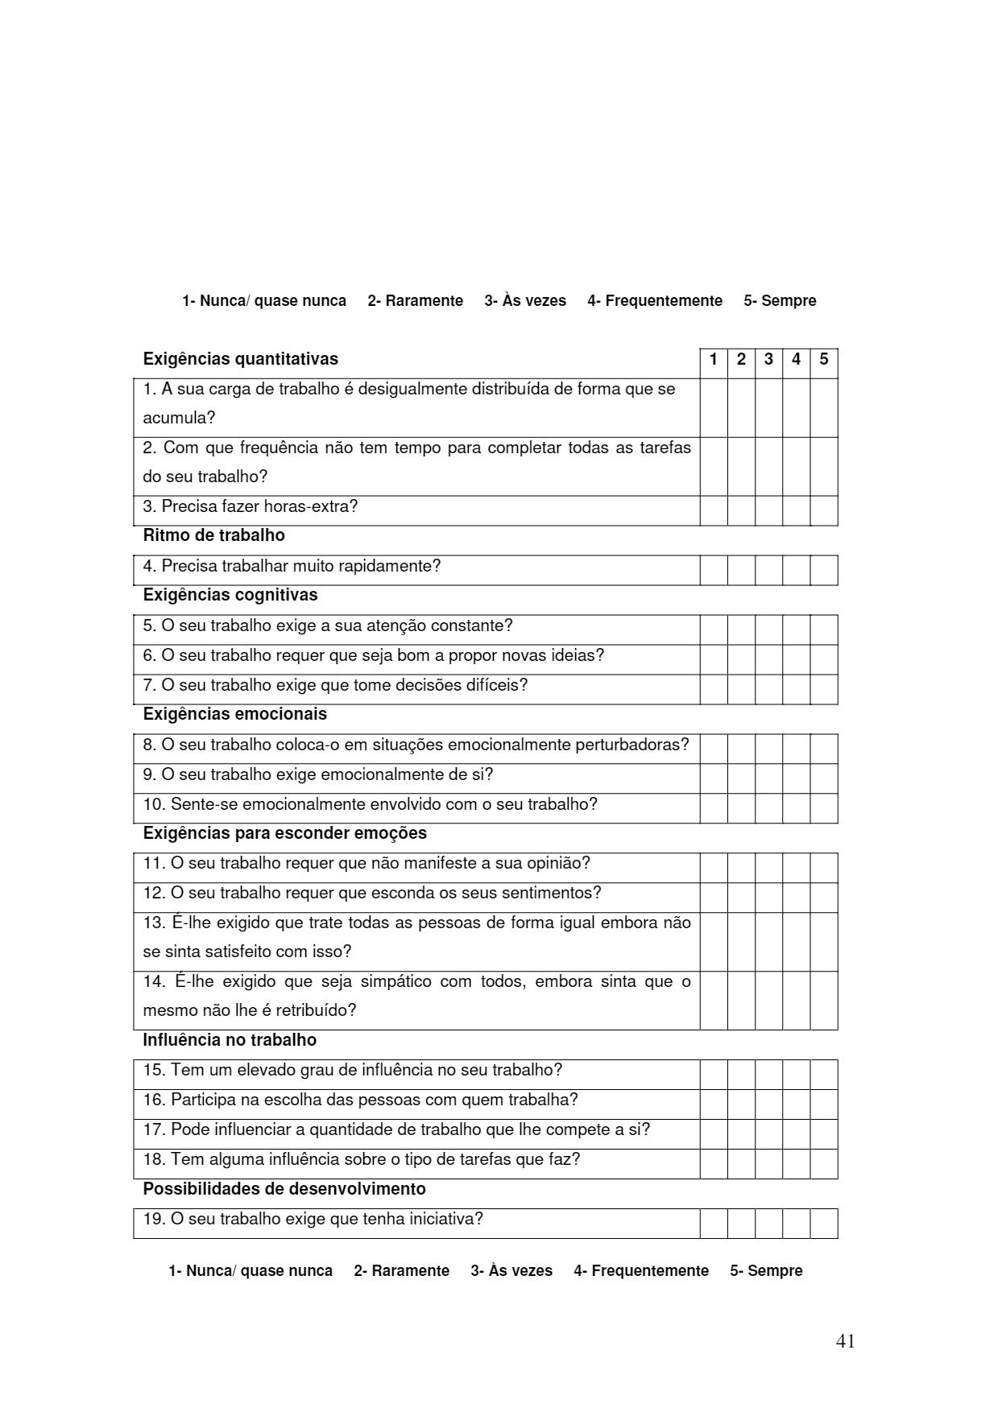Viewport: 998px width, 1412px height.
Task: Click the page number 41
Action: coord(845,1341)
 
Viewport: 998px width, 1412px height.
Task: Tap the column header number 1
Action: coord(713,359)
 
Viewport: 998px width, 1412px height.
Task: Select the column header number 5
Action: coord(823,359)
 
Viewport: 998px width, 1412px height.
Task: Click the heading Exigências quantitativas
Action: coord(240,359)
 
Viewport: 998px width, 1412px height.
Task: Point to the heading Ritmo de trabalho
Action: coord(213,535)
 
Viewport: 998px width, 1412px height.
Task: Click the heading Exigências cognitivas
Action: coord(230,595)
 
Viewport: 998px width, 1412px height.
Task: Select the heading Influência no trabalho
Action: coord(230,1040)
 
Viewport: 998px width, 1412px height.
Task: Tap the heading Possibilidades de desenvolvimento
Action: coord(284,1189)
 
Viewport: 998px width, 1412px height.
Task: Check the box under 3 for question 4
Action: coord(768,570)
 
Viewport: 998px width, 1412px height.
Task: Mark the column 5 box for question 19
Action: coord(823,1224)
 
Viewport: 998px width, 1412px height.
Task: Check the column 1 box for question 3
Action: coord(713,510)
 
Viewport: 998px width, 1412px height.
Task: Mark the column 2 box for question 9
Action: coord(741,778)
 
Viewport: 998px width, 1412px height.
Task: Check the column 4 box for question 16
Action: coord(796,1104)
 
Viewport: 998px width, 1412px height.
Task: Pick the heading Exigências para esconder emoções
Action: coord(284,833)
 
